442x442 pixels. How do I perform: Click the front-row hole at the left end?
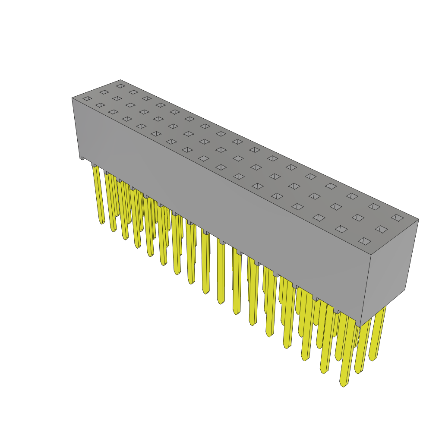[x=87, y=98]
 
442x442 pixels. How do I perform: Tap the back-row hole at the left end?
[x=120, y=86]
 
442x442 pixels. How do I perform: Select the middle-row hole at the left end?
[x=104, y=92]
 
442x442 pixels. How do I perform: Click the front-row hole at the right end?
[x=365, y=241]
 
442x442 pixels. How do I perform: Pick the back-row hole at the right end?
[x=397, y=218]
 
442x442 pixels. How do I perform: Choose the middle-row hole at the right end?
[x=381, y=229]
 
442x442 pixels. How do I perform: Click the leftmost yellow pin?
[x=98, y=194]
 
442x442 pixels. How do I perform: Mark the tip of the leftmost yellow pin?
[x=102, y=223]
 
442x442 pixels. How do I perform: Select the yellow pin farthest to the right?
[x=377, y=337]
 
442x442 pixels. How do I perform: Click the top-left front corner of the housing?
[x=72, y=98]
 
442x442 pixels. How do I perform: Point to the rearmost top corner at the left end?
[x=120, y=80]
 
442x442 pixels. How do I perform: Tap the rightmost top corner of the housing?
[x=419, y=219]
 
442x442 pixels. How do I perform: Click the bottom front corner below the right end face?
[x=360, y=327]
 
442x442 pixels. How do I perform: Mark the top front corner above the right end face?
[x=371, y=255]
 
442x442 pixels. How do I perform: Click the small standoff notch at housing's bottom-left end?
[x=82, y=158]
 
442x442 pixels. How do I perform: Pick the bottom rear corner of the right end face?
[x=405, y=289]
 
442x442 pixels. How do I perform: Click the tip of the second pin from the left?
[x=114, y=230]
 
